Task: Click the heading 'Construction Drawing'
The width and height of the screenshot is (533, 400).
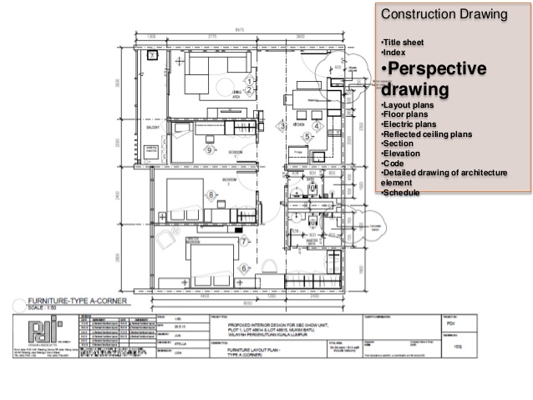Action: click(434, 15)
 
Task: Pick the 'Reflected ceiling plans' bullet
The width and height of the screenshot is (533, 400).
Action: click(427, 134)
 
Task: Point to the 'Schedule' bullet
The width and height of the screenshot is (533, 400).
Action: click(404, 193)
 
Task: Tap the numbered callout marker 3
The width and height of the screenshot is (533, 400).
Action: click(283, 126)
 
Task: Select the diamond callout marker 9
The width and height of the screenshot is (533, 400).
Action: click(209, 149)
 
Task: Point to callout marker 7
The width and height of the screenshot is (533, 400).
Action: click(244, 241)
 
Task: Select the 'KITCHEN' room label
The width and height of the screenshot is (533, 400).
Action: click(298, 124)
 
